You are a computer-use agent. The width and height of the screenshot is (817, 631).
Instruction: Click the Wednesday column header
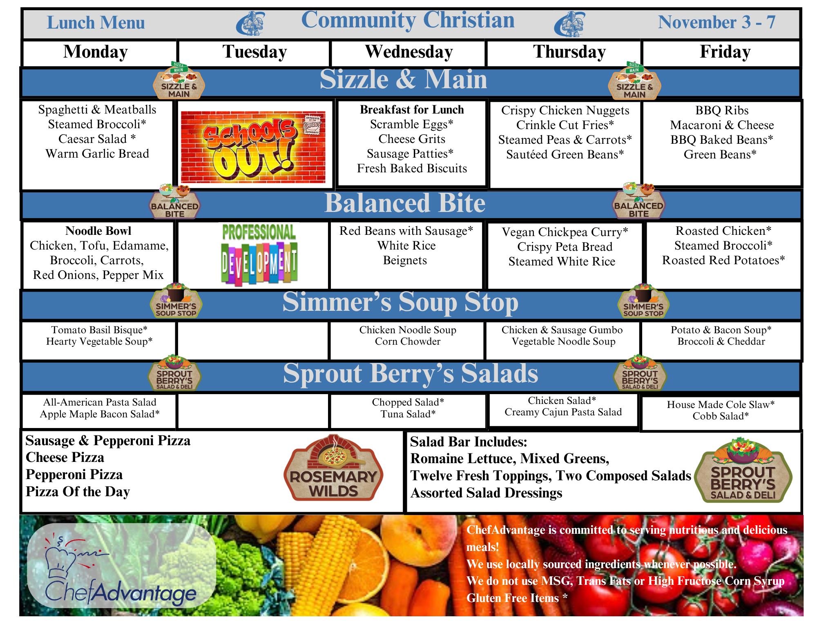pos(409,52)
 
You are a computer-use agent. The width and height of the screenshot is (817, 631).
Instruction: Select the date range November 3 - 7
pos(717,22)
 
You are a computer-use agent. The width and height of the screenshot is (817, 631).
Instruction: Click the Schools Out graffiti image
pos(253,147)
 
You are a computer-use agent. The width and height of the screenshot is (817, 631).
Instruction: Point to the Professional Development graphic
pos(259,254)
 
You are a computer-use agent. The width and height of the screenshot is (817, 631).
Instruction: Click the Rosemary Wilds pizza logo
pos(333,468)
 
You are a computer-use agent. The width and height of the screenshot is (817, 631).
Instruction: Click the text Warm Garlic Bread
pos(97,154)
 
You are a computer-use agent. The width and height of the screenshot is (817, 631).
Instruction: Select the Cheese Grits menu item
pos(412,139)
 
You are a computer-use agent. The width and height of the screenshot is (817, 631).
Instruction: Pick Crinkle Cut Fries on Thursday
pos(565,125)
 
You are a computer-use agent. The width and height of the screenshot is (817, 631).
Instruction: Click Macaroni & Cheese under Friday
pos(722,125)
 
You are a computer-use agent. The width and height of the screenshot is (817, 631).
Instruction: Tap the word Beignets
pos(405,261)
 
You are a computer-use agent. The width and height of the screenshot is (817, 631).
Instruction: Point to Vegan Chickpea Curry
pos(565,232)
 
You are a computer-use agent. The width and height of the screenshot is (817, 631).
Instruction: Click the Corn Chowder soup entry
pos(408,341)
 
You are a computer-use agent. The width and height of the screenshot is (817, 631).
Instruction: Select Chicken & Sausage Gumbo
pos(562,330)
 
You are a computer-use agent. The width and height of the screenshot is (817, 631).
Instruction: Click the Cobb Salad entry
pos(721,416)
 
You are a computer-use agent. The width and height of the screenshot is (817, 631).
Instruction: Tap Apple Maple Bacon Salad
pos(100,414)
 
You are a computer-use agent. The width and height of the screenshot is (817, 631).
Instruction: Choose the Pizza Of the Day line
pos(78,491)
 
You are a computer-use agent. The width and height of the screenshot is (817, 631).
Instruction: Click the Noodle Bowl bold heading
pos(98,231)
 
